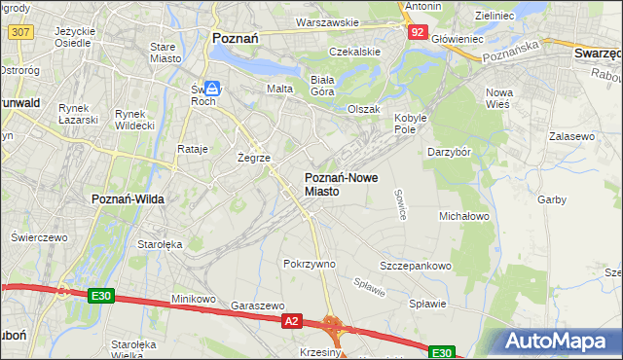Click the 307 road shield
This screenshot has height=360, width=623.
coord(19,32)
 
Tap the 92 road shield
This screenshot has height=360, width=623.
coord(417,32)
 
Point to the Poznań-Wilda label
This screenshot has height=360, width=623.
coord(128,198)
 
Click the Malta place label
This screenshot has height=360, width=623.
coord(281,89)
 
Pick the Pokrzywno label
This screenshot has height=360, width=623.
coord(309,264)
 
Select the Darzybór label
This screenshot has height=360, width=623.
coord(450,152)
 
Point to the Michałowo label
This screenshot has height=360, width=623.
coord(464,215)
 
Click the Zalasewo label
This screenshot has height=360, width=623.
coord(571,137)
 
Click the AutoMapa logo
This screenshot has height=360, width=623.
coord(556,342)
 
